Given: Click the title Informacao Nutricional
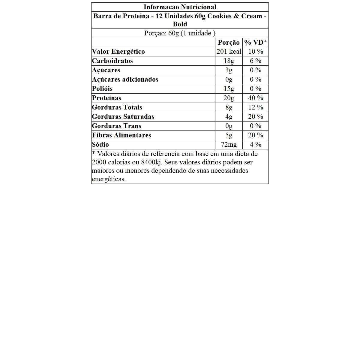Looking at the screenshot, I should point(180,7).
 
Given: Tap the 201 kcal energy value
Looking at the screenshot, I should point(229,52).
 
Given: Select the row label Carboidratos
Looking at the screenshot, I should point(112,61).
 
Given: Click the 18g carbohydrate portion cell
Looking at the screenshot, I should point(229,61).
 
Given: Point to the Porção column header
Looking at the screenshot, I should point(229,43).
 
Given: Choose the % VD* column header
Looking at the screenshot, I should point(255,43).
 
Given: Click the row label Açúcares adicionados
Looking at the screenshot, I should point(125,79).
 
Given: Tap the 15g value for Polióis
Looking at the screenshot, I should point(229,89).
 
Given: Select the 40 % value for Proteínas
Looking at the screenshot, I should point(256,98).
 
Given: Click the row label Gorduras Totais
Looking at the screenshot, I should point(117,107).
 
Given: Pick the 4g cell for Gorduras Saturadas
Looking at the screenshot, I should point(229,117).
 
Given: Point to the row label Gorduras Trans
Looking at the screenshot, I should point(116,126).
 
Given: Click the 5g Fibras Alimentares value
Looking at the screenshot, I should point(229,135).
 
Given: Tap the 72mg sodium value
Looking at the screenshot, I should point(229,145).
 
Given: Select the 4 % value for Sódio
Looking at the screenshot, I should point(256,145).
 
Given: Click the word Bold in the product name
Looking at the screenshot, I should point(180,24).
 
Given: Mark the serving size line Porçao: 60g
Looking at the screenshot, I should point(180,33).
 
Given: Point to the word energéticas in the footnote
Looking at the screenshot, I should point(109,179).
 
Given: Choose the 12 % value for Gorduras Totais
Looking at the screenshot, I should point(256,107).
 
